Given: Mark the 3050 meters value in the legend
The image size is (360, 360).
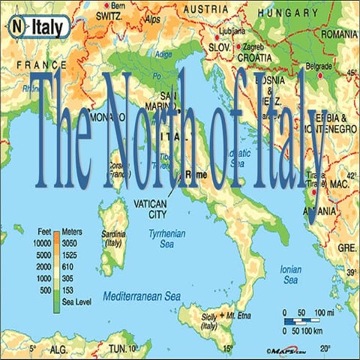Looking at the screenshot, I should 70,244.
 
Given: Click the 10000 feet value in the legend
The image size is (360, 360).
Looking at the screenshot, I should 39,244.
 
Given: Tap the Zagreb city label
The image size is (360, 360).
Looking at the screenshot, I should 252,46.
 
